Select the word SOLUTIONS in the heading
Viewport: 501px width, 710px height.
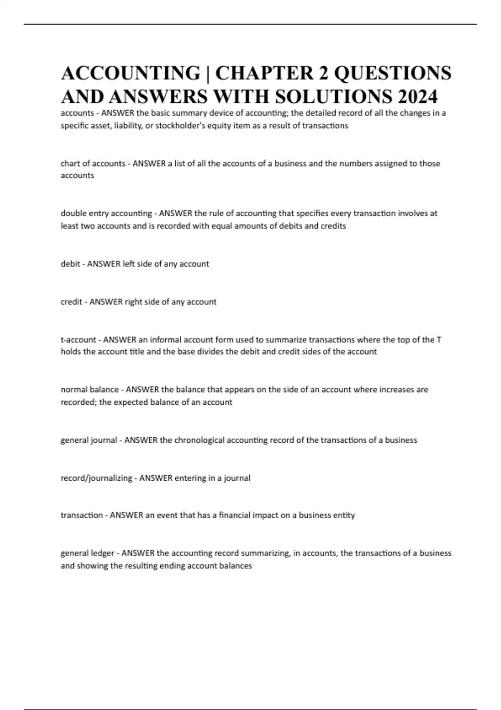334,96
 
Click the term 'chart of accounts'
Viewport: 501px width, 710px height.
93,164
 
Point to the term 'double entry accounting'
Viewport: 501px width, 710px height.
106,213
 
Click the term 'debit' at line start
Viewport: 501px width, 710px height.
70,264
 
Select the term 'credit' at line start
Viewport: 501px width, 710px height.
71,302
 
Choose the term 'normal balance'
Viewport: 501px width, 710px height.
89,390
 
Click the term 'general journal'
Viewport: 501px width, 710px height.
89,440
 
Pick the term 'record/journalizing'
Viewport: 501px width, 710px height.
96,478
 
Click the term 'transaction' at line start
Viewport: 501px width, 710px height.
82,515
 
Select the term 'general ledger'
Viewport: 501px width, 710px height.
87,553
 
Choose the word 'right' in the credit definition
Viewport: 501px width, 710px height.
134,302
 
